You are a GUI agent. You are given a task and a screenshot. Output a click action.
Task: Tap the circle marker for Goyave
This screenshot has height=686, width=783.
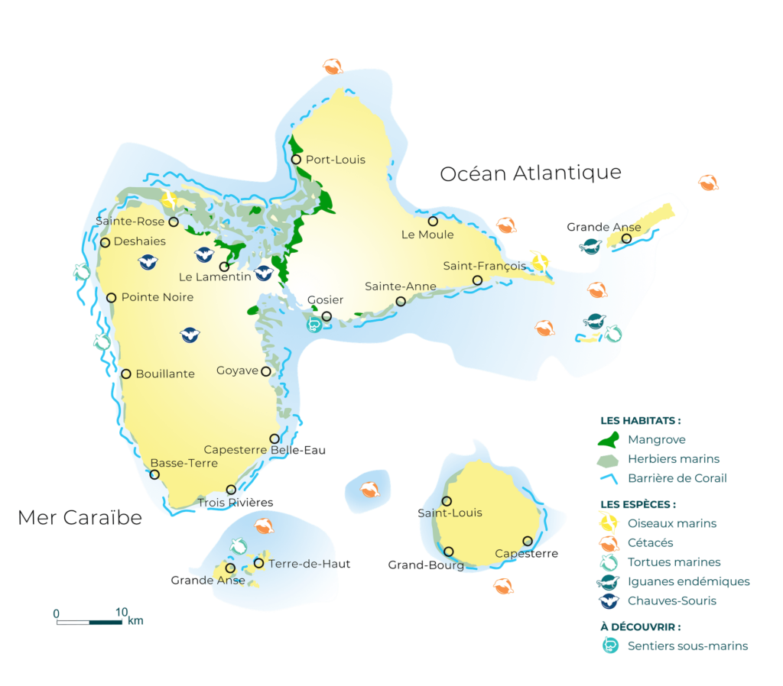coord(266,371)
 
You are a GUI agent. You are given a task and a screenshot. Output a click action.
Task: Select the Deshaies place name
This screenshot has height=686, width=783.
coord(139,241)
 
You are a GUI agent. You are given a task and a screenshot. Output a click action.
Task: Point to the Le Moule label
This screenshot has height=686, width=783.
coord(427,235)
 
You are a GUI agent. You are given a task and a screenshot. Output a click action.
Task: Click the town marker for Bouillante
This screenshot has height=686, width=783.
coord(126,374)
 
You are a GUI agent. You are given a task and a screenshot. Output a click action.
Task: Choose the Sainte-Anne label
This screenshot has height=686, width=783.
coord(400,286)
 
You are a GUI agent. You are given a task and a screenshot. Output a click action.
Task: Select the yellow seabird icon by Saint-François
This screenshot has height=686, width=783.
coord(540,261)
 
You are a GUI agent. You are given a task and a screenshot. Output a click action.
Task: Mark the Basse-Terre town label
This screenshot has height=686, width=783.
coord(184,463)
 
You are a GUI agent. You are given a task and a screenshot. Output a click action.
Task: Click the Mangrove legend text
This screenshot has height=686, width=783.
coord(656,439)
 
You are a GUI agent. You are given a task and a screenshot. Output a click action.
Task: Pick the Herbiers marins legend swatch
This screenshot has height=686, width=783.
coord(609,460)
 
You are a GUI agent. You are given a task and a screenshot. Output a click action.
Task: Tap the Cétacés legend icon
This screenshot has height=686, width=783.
coord(609,543)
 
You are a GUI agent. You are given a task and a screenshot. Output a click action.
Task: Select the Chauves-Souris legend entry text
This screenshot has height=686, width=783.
coord(671,601)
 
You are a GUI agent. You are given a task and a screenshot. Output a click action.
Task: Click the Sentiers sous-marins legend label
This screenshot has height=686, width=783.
coord(687,646)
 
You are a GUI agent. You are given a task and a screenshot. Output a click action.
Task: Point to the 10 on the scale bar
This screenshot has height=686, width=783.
coord(121,613)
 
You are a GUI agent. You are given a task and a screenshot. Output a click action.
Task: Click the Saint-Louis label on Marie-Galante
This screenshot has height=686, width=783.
coord(450,513)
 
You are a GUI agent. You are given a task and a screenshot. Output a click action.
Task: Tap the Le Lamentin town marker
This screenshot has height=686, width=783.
coord(224,267)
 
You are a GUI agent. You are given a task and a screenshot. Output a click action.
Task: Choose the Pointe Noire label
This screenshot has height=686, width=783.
coord(158,297)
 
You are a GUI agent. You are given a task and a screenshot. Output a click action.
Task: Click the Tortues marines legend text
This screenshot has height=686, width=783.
coord(674,562)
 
